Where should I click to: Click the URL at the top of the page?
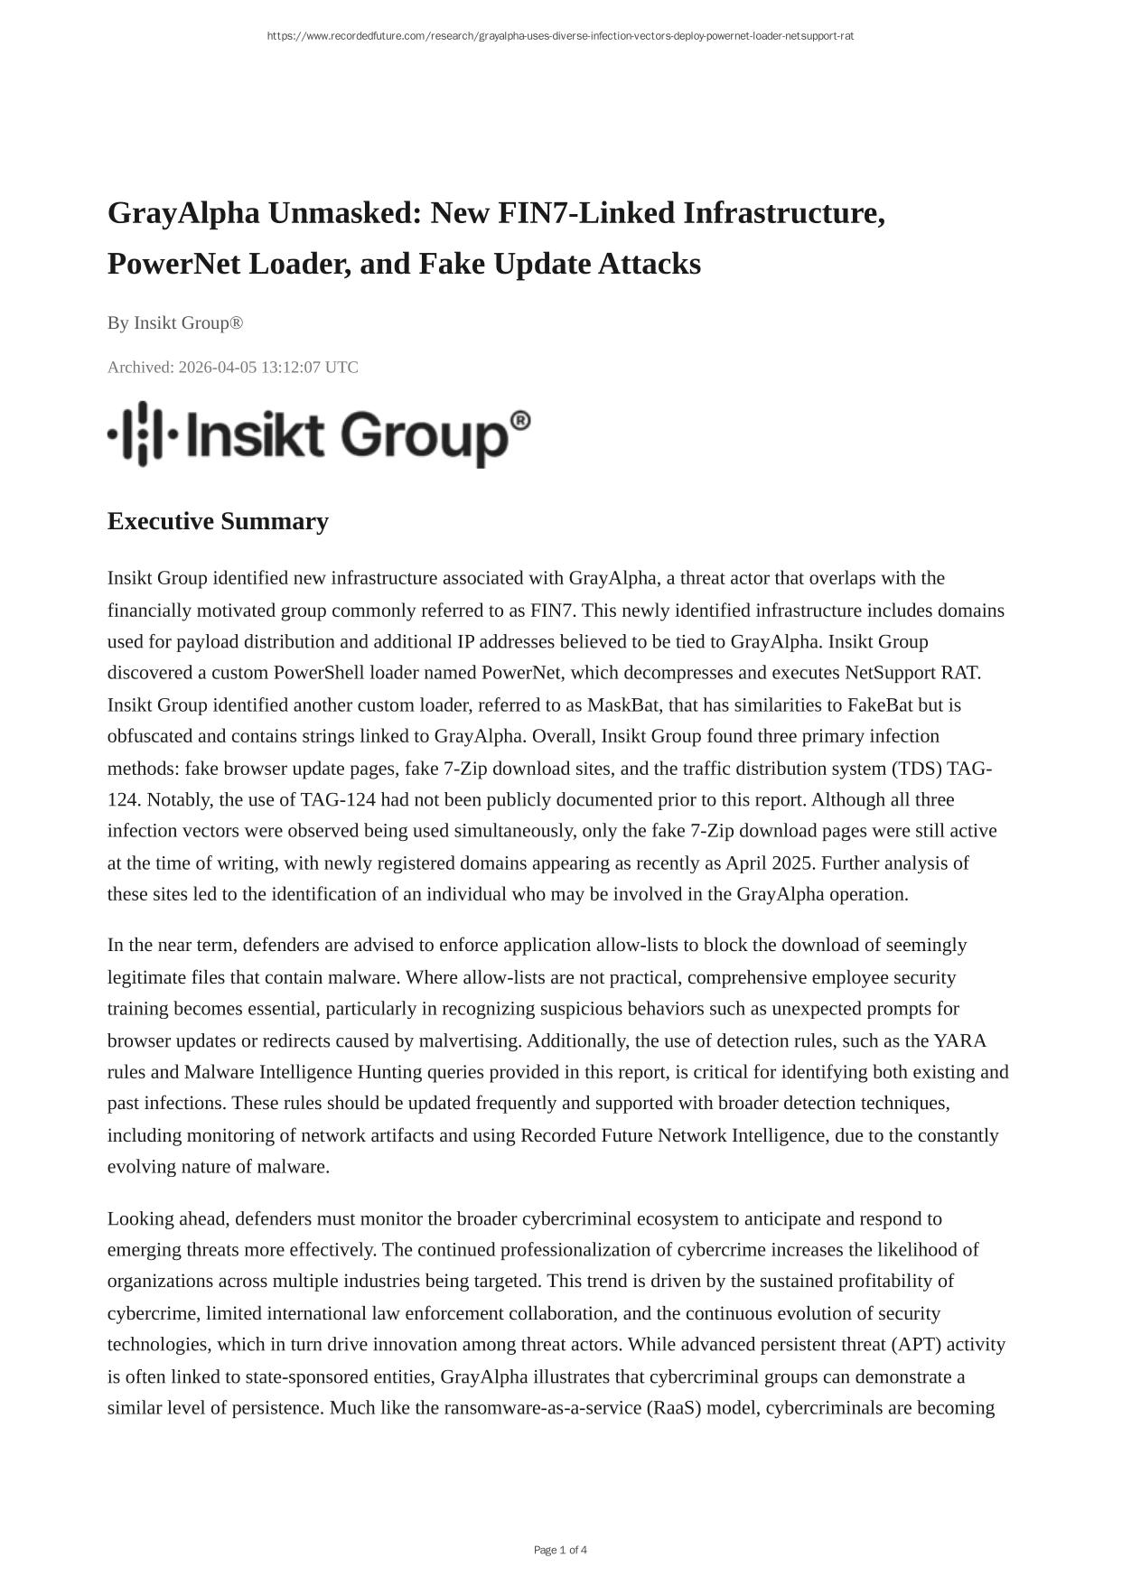(560, 36)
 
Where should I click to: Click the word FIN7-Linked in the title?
(581, 213)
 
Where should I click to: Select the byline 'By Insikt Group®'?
(175, 323)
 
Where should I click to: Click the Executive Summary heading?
(218, 522)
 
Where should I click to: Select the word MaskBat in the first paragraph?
(622, 704)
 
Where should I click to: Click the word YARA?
(959, 1040)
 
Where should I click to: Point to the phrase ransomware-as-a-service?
(542, 1408)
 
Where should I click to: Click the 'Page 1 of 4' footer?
(560, 1550)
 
